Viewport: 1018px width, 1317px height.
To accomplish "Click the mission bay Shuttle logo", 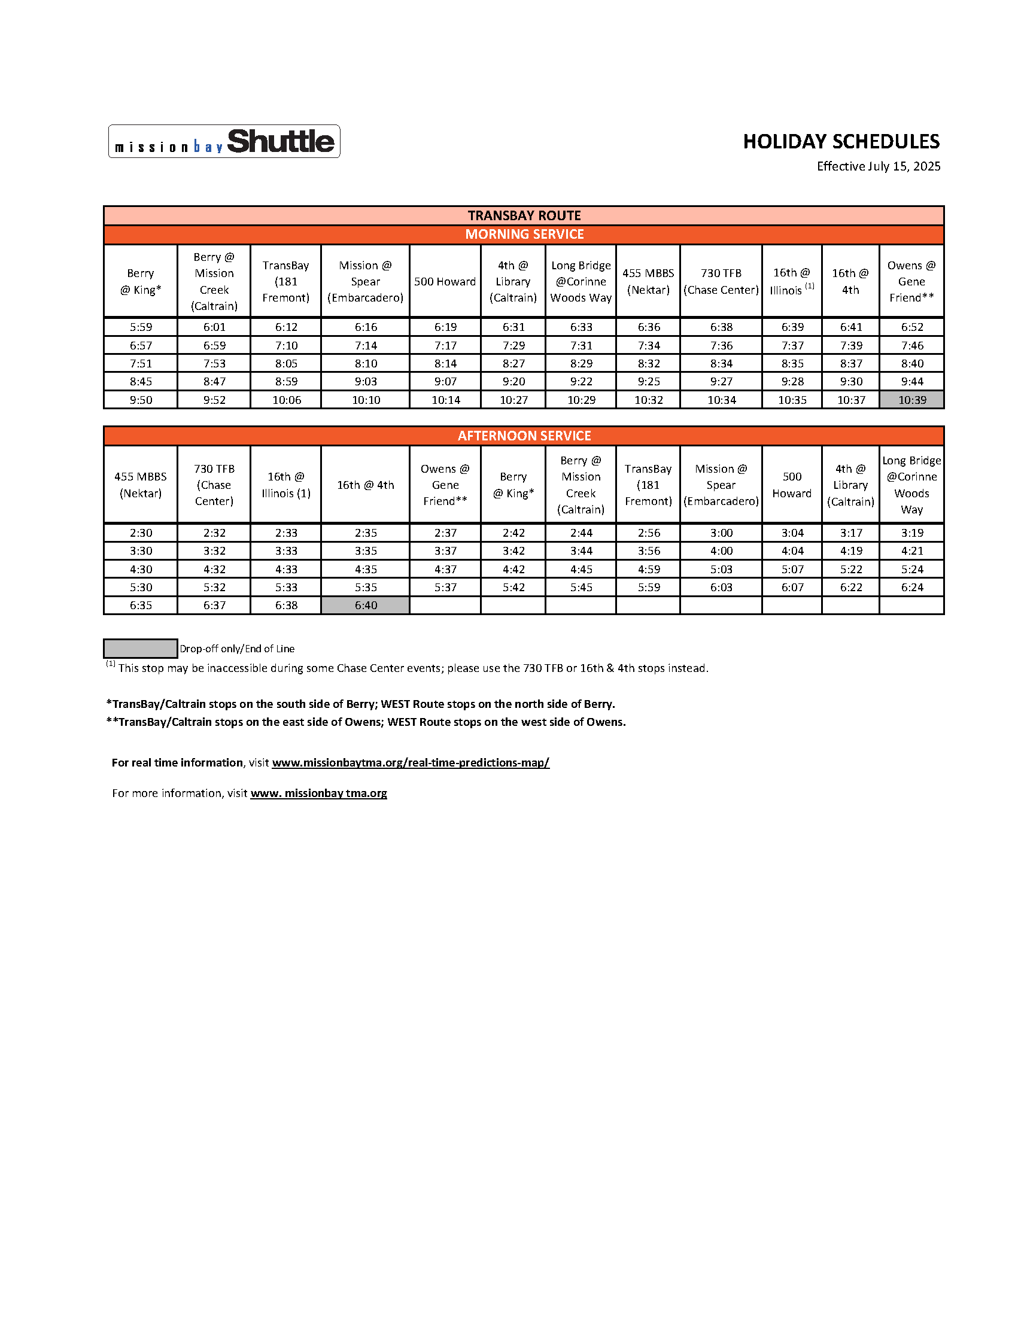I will (224, 142).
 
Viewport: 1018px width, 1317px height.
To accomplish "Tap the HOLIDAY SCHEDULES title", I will (841, 142).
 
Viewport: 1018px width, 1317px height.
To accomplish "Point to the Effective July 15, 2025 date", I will (878, 166).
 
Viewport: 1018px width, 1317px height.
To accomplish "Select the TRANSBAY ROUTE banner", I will (524, 215).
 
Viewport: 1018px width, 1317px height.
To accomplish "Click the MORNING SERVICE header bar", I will (524, 234).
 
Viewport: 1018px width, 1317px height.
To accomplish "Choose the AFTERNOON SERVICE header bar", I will (524, 436).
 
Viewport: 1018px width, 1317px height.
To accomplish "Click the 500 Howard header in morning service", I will (445, 282).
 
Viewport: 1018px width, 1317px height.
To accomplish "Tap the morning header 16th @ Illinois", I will (791, 282).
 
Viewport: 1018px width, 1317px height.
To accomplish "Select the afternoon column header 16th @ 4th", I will (366, 485).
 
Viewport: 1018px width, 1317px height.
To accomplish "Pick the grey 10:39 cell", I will (912, 400).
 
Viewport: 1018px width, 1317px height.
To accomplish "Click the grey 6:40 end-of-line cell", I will (366, 605).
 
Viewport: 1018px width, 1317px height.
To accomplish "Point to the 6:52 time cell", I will (912, 327).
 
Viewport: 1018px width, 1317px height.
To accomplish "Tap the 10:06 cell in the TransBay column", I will (287, 400).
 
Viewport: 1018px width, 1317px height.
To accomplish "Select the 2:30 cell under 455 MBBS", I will (141, 533).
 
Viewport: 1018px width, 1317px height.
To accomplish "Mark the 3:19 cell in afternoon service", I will (912, 533).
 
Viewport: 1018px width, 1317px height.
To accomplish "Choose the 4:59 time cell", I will (648, 569).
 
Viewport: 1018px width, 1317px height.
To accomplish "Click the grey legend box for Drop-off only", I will (140, 648).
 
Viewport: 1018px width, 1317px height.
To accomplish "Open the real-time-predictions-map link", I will (410, 762).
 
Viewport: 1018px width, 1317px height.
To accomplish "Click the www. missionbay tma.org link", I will (318, 793).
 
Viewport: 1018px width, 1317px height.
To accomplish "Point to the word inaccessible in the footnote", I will (239, 668).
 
